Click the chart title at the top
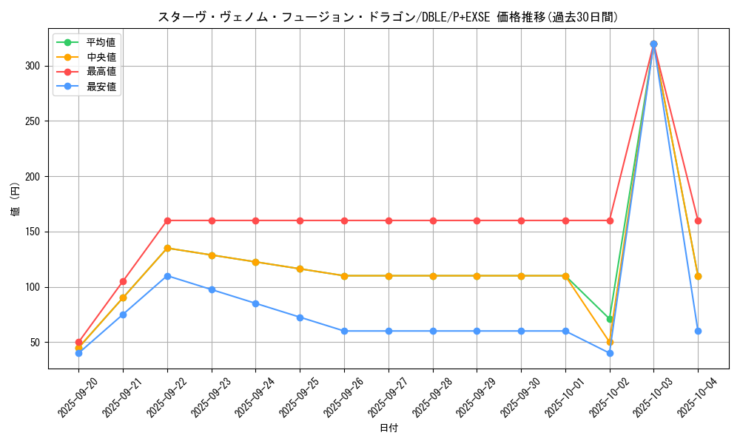pyautogui.click(x=388, y=17)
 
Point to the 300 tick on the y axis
pyautogui.click(x=40, y=66)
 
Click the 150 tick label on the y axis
pyautogui.click(x=40, y=232)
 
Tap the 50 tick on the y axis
pyautogui.click(x=42, y=343)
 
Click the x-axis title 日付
pyautogui.click(x=388, y=428)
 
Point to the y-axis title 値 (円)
pyautogui.click(x=16, y=200)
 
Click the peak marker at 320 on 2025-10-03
pyautogui.click(x=653, y=44)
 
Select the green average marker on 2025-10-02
pyautogui.click(x=610, y=319)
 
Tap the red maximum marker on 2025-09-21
pyautogui.click(x=123, y=281)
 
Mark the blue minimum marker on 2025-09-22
pyautogui.click(x=167, y=276)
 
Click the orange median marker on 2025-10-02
pyautogui.click(x=610, y=342)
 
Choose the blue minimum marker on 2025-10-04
pyautogui.click(x=698, y=331)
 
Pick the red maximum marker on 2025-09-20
pyautogui.click(x=78, y=342)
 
